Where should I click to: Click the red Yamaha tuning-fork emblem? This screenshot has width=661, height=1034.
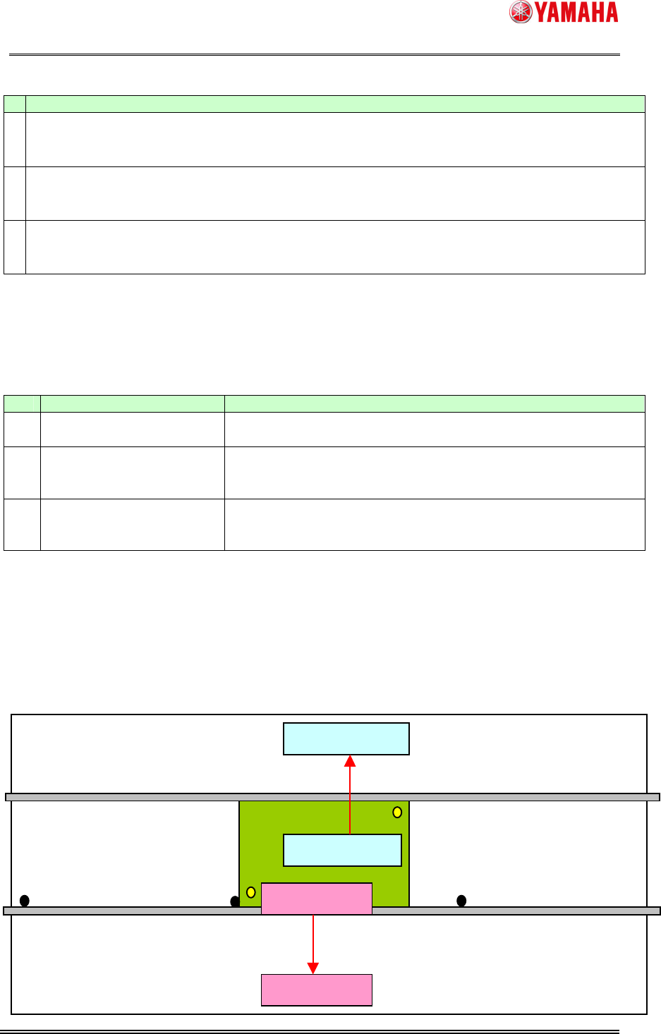[521, 12]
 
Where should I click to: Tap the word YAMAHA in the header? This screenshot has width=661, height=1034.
[576, 12]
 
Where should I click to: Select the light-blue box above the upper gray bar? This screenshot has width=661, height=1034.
[346, 738]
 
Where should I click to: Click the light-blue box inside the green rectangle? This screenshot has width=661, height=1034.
[342, 850]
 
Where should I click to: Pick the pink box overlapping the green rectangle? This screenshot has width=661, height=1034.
[316, 899]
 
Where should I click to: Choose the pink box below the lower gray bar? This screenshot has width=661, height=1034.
[316, 990]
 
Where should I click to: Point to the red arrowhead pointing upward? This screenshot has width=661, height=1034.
[350, 761]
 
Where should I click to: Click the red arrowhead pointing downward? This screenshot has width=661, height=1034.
[313, 968]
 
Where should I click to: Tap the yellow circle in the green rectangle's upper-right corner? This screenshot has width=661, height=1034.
[397, 812]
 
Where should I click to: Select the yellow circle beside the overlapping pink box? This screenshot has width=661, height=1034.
[250, 892]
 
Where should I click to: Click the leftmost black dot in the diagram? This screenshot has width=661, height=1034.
[24, 900]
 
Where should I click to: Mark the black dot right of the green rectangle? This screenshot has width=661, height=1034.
[461, 900]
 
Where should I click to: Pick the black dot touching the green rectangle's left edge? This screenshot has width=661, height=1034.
[235, 901]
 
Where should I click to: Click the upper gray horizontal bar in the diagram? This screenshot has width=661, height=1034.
[141, 797]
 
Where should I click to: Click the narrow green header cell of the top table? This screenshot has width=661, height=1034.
[15, 104]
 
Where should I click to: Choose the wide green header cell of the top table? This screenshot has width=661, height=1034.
[335, 104]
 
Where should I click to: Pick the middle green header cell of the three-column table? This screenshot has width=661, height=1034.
[133, 403]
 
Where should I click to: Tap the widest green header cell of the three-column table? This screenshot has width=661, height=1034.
[435, 403]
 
